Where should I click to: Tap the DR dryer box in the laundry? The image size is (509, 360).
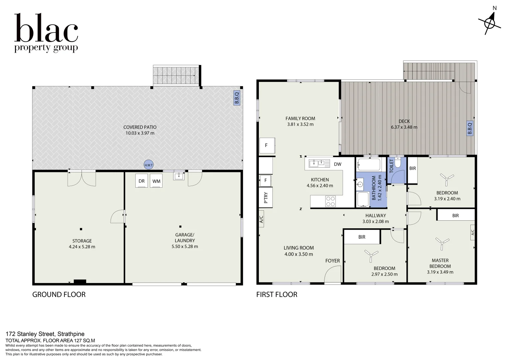pyautogui.click(x=142, y=181)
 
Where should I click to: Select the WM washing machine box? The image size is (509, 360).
pyautogui.click(x=156, y=181)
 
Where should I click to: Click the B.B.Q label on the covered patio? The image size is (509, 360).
pyautogui.click(x=237, y=98)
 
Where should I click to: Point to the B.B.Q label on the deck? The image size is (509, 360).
pyautogui.click(x=470, y=128)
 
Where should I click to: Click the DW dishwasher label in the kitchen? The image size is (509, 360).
pyautogui.click(x=337, y=164)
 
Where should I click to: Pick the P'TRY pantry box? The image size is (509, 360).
pyautogui.click(x=266, y=198)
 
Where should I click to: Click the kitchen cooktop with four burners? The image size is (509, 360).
pyautogui.click(x=330, y=201)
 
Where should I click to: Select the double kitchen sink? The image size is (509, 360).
pyautogui.click(x=317, y=163)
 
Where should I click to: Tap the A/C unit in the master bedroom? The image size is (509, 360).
pyautogui.click(x=472, y=232)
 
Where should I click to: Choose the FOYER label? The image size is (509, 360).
pyautogui.click(x=332, y=261)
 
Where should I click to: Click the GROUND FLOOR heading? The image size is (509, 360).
pyautogui.click(x=59, y=295)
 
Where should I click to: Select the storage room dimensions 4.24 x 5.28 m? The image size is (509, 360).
pyautogui.click(x=82, y=247)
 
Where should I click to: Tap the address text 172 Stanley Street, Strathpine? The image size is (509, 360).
pyautogui.click(x=45, y=334)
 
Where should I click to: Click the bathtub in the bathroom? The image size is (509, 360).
pyautogui.click(x=368, y=164)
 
